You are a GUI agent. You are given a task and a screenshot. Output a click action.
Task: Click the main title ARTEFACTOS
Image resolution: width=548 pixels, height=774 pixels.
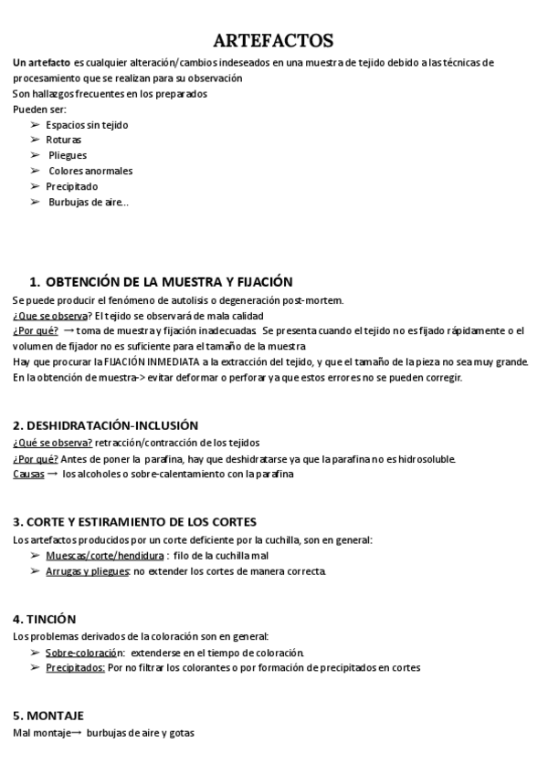pyautogui.click(x=273, y=40)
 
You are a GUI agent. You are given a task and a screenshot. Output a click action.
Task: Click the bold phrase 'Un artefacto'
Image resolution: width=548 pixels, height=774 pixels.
pyautogui.click(x=41, y=62)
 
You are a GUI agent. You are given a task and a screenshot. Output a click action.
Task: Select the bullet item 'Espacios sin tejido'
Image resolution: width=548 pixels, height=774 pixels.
pyautogui.click(x=87, y=124)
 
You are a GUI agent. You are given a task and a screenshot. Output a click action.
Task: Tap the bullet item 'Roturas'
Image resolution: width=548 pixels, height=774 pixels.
pyautogui.click(x=63, y=140)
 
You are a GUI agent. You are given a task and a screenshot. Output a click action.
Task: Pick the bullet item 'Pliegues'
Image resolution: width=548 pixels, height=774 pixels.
pyautogui.click(x=68, y=155)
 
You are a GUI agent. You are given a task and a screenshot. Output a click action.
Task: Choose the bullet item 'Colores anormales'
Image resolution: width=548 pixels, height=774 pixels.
pyautogui.click(x=90, y=171)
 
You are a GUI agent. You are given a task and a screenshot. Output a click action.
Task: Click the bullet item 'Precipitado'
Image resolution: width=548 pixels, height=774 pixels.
pyautogui.click(x=71, y=186)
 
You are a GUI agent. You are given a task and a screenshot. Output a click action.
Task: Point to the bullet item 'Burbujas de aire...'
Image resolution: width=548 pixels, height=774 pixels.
pyautogui.click(x=88, y=202)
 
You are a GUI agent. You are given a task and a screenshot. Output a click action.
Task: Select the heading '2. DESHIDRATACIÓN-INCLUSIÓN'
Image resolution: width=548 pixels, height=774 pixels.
pyautogui.click(x=105, y=425)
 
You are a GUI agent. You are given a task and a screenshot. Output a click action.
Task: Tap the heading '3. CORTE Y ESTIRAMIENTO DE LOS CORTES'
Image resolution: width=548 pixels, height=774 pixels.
pyautogui.click(x=135, y=522)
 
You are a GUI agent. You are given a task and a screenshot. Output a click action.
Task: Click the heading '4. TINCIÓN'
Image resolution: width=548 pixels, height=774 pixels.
pyautogui.click(x=45, y=619)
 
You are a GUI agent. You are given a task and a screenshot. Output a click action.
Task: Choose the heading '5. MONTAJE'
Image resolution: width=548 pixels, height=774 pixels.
pyautogui.click(x=48, y=715)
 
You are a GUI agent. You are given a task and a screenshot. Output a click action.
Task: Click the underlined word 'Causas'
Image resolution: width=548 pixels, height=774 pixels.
pyautogui.click(x=28, y=474)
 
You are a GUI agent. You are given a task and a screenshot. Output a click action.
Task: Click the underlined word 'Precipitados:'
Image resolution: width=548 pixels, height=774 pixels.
pyautogui.click(x=75, y=667)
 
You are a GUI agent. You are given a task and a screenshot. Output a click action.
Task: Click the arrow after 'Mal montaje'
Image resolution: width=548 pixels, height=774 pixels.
pyautogui.click(x=76, y=732)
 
